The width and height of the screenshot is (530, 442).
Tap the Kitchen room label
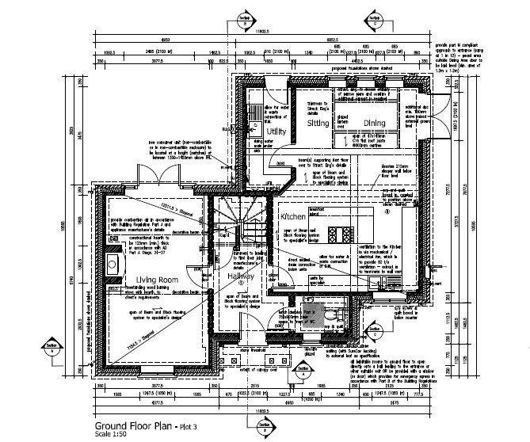tap(292, 216)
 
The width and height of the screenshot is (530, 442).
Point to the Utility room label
tap(275, 130)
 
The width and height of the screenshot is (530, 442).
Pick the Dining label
tap(374, 123)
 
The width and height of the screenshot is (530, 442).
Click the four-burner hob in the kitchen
tap(346, 234)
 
